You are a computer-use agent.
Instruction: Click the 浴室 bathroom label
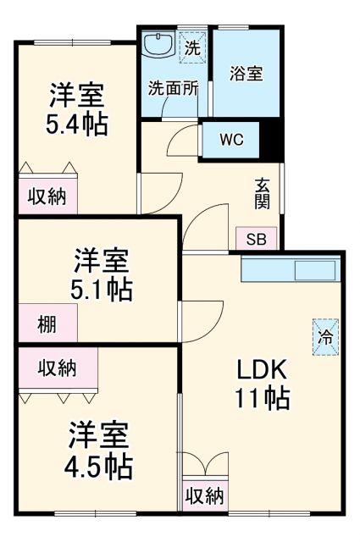coord(246,73)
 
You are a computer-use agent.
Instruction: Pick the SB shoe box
coord(256,239)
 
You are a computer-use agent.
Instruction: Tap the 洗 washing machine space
coord(193,48)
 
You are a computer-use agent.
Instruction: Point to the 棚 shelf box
coord(47,323)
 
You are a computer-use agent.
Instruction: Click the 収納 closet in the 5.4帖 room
coord(47,196)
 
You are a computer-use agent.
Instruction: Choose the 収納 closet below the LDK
coord(204,495)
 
